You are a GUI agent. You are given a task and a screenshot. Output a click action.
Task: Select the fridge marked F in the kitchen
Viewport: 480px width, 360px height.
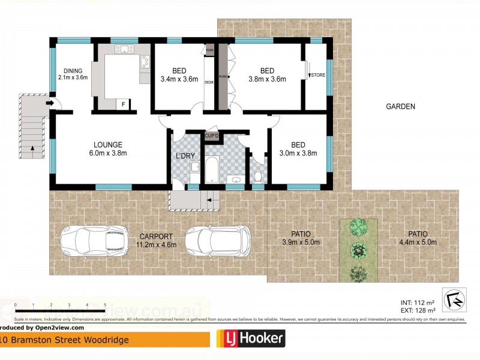pyautogui.click(x=124, y=104)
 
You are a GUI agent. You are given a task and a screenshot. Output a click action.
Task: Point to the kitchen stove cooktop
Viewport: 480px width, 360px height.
pyautogui.click(x=145, y=61)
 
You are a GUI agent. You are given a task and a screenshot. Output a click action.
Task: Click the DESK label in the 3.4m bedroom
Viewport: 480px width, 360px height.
pyautogui.click(x=209, y=82)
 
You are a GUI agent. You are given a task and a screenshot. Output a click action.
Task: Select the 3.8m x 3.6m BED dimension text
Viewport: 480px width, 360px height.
pyautogui.click(x=267, y=79)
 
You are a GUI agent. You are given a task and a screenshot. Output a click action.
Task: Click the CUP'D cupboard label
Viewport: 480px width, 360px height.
pyautogui.click(x=212, y=137)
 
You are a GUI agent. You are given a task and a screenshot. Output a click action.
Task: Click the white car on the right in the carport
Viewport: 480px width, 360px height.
pyautogui.click(x=218, y=241)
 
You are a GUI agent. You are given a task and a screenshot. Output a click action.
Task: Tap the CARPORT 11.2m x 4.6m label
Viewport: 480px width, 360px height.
pyautogui.click(x=156, y=240)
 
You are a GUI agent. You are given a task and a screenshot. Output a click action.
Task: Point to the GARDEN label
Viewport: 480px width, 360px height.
pyautogui.click(x=400, y=107)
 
